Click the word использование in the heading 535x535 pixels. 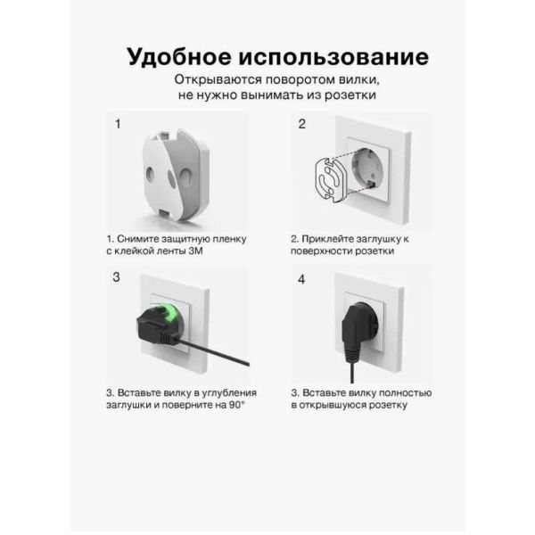click(333, 57)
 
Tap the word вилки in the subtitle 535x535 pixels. click(359, 80)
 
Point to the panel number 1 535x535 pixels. click(118, 124)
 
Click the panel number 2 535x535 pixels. click(302, 124)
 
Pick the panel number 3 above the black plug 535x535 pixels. click(116, 277)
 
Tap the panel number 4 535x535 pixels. click(301, 280)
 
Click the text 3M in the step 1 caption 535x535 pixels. click(195, 251)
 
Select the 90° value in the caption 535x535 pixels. click(237, 405)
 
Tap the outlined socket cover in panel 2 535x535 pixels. click(331, 179)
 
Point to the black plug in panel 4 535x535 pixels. click(358, 333)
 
